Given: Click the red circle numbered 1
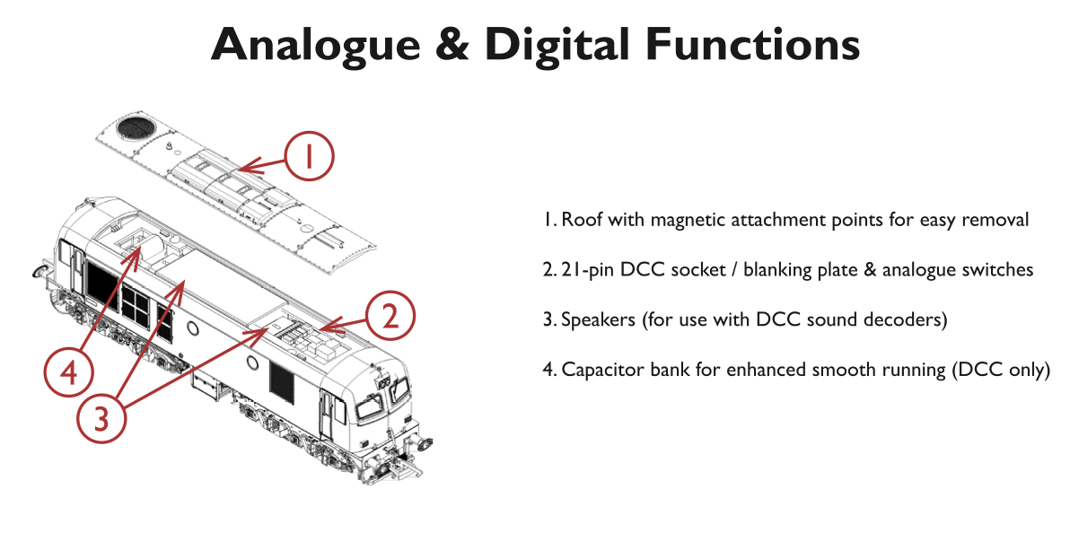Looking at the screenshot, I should pos(309,157).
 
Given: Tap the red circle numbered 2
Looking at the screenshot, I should pos(390,316).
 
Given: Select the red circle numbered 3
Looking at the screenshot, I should pos(101,416).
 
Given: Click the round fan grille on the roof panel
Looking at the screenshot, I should pos(138,129).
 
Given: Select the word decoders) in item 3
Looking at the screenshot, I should pos(910,319).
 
